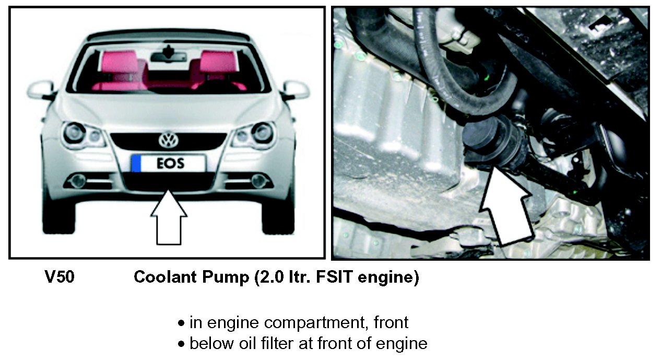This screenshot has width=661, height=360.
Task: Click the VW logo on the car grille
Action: pyautogui.click(x=169, y=140)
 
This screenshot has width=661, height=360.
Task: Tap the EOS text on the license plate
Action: pyautogui.click(x=171, y=164)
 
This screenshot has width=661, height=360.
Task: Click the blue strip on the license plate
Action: pyautogui.click(x=136, y=164)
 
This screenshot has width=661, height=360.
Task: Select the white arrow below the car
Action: pyautogui.click(x=169, y=217)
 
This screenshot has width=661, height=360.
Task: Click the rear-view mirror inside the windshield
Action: pyautogui.click(x=169, y=55)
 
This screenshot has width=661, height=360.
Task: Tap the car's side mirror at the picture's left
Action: pyautogui.click(x=41, y=90)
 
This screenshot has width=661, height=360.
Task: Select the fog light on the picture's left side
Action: pyautogui.click(x=78, y=181)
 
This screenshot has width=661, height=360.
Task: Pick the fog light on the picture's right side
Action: pyautogui.click(x=259, y=181)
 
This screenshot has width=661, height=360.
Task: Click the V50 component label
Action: pyautogui.click(x=60, y=277)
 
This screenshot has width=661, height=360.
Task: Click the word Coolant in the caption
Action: pyautogui.click(x=165, y=277)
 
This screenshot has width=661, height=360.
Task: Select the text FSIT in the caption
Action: pyautogui.click(x=334, y=277)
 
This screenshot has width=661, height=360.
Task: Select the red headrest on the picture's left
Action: pyautogui.click(x=119, y=61)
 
